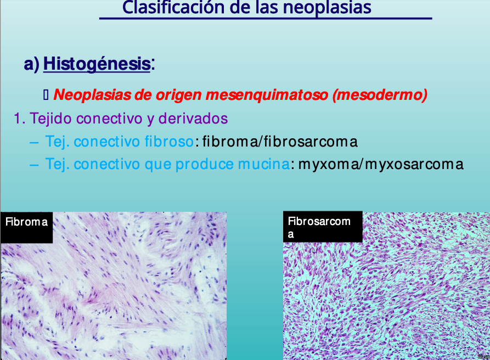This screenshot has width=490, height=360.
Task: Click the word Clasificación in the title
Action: [x=173, y=8]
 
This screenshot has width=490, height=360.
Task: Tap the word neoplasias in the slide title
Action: [x=327, y=8]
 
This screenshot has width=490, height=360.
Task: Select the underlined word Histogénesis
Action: [x=97, y=64]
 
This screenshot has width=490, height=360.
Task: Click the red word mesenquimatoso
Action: [x=267, y=95]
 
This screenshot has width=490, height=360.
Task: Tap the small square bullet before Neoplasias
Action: [x=46, y=95]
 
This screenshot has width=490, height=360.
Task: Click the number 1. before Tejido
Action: [x=20, y=119]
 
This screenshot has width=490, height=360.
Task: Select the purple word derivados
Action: [x=193, y=119]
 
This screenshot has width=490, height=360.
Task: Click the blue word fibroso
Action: [x=169, y=141]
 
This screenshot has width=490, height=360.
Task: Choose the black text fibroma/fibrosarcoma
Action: [x=280, y=142]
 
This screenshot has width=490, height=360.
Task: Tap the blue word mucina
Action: [x=264, y=164]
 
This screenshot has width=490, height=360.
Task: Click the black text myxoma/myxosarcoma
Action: [x=381, y=165]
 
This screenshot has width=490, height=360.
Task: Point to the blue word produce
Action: [x=204, y=165]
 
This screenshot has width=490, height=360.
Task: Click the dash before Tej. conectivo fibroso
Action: [x=34, y=143]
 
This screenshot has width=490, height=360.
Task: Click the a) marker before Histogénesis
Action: [x=32, y=64]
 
